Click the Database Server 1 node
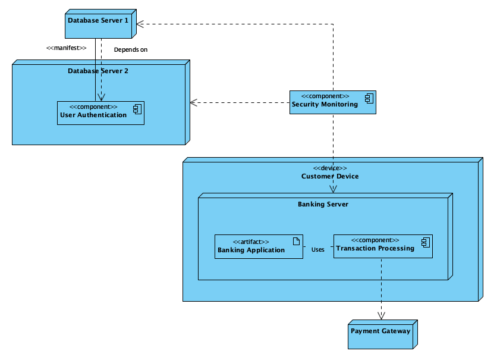99,24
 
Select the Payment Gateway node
381,334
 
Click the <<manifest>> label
67,48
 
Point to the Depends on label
130,49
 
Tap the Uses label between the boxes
318,249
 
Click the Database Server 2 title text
98,71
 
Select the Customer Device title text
330,176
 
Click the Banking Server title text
323,204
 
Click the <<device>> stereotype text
330,168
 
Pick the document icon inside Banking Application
296,240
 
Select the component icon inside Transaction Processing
425,241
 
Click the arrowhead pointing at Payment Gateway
381,315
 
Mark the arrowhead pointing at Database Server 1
141,24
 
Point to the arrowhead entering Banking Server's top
333,189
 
